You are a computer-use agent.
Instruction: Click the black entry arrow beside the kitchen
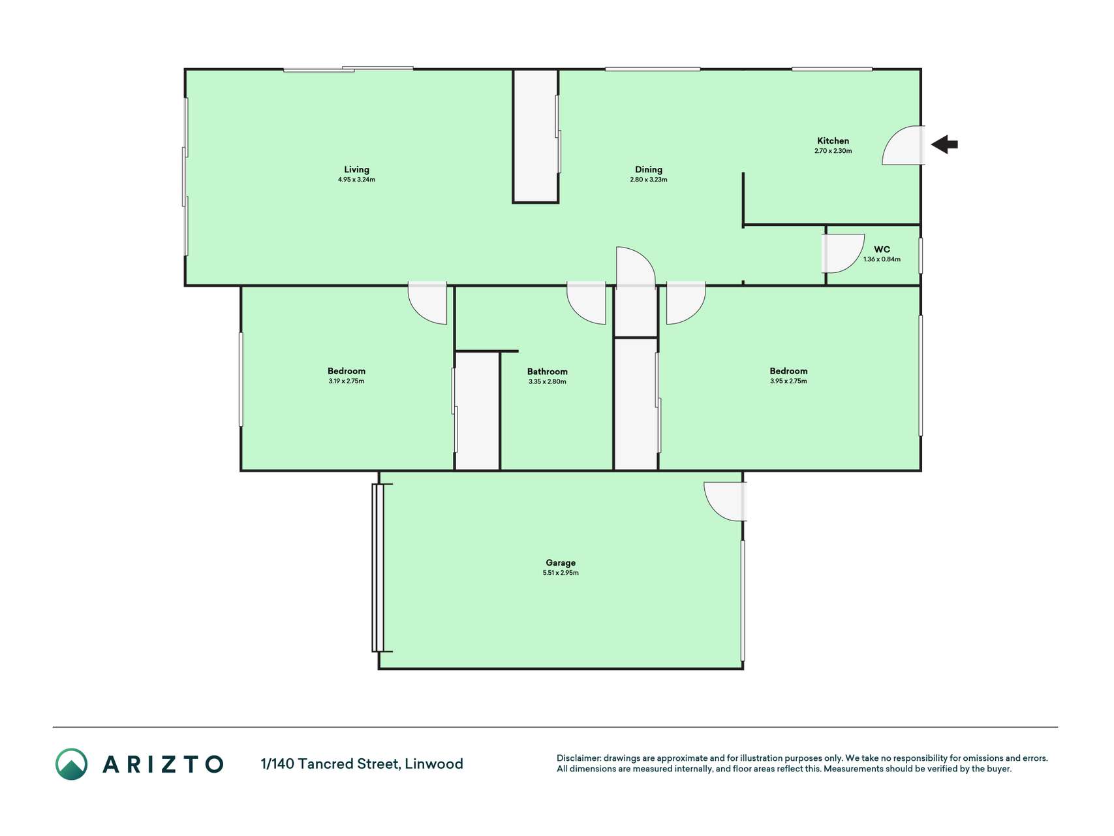tap(944, 144)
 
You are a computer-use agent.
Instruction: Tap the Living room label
tap(356, 170)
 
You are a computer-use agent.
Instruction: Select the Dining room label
tap(649, 170)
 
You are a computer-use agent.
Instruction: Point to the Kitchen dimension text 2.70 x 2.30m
tap(833, 151)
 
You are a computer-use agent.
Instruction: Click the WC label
tap(882, 249)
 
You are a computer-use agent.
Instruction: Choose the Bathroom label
tap(548, 372)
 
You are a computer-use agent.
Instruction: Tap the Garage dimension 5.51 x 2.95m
tap(561, 573)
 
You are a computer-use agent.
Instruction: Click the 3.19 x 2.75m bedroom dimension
tap(347, 381)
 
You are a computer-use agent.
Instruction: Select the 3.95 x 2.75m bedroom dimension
tap(788, 381)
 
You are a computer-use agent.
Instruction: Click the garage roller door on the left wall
tap(378, 568)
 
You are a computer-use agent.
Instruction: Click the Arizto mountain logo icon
tap(71, 764)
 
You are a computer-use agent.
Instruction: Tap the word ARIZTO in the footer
tap(163, 764)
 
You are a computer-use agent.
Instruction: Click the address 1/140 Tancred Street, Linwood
tap(362, 764)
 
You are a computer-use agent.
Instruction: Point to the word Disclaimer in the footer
tap(578, 758)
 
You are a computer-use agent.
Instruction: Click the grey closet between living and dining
tap(535, 136)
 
